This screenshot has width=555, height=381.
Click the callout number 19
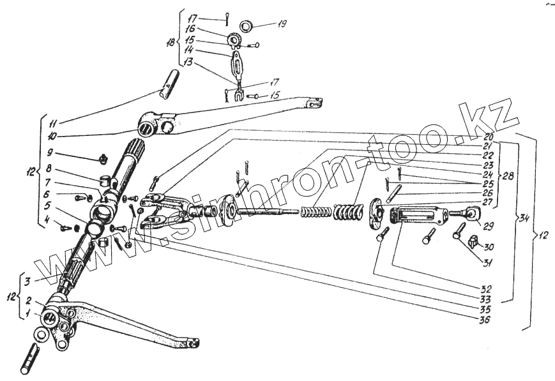pyautogui.click(x=282, y=24)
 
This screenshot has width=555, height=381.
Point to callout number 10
pyautogui.click(x=52, y=135)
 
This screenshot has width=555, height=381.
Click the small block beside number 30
pyautogui.click(x=473, y=241)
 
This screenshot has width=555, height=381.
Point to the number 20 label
pyautogui.click(x=489, y=135)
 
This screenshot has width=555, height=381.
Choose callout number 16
pyautogui.click(x=190, y=29)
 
